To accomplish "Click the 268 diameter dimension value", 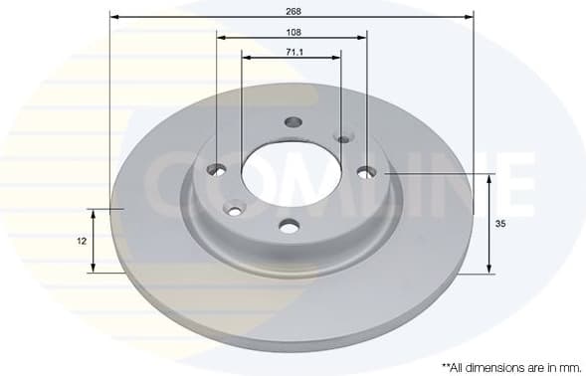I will point(293,11).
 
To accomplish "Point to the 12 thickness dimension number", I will point(82,241).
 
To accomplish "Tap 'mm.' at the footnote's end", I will point(566,366).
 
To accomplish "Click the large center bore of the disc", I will point(291,172).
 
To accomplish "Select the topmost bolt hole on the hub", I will point(293,122).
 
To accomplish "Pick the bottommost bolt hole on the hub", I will point(290,227).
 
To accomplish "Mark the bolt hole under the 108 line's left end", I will point(217,170).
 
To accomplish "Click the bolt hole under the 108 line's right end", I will point(367,172).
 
